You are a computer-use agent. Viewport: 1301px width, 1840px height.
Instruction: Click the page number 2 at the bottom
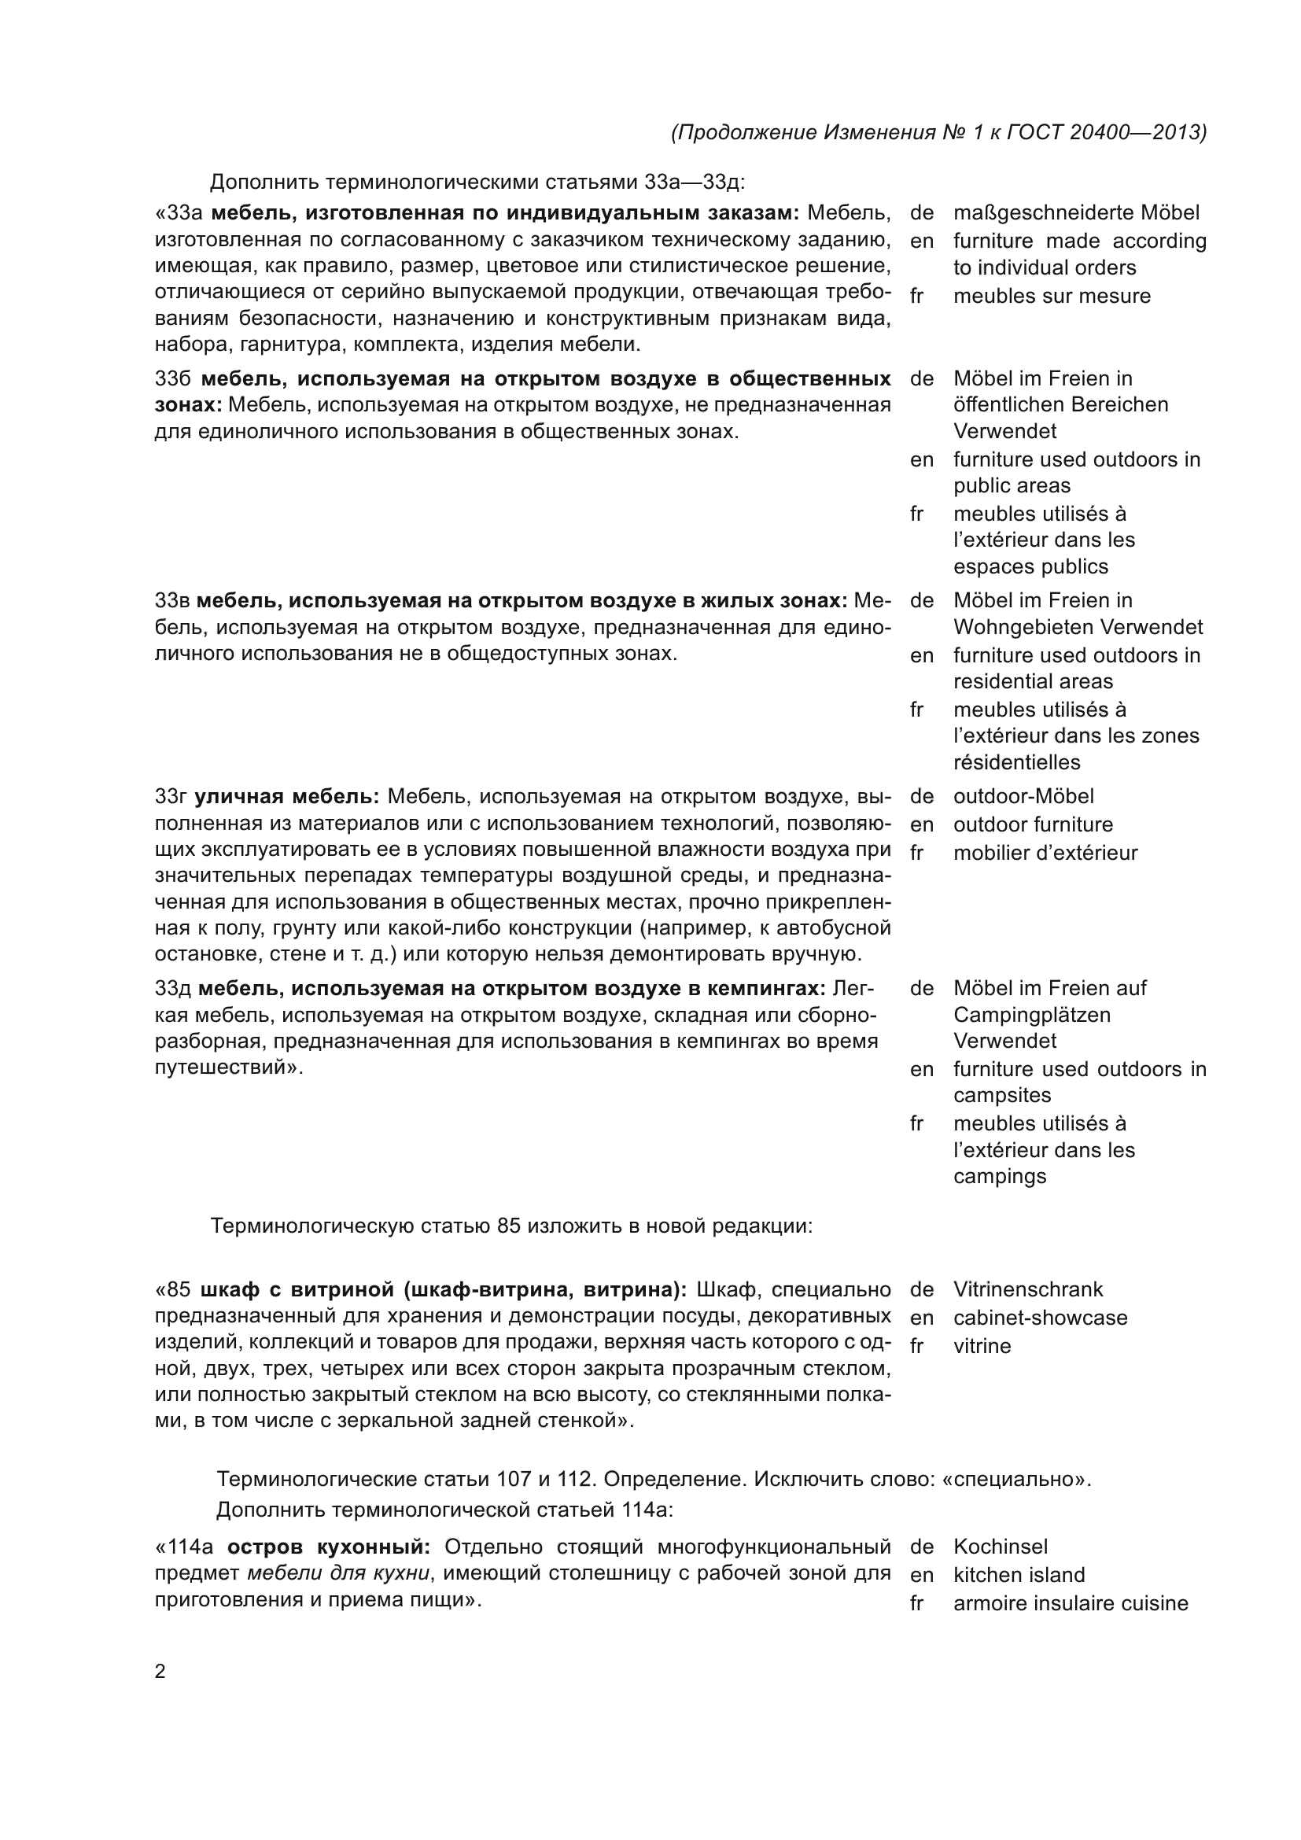(x=160, y=1672)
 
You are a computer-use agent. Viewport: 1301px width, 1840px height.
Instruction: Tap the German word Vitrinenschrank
(x=1028, y=1289)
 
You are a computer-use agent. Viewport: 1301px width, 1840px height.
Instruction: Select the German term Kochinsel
(x=1000, y=1547)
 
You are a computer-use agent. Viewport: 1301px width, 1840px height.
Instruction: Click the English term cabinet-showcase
(x=1040, y=1318)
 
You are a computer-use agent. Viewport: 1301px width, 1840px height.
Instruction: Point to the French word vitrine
(x=982, y=1345)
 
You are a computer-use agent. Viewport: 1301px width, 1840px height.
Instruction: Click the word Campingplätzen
(x=1032, y=1015)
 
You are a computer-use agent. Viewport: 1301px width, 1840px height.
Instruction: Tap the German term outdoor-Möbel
(x=1023, y=797)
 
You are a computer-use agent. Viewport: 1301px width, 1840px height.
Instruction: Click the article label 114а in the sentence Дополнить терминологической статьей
(x=646, y=1510)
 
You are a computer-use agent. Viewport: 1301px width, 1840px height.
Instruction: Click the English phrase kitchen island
(x=1019, y=1575)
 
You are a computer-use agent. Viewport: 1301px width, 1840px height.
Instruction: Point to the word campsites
(x=1001, y=1096)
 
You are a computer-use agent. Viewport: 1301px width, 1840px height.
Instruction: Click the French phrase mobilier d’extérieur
(x=1045, y=853)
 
